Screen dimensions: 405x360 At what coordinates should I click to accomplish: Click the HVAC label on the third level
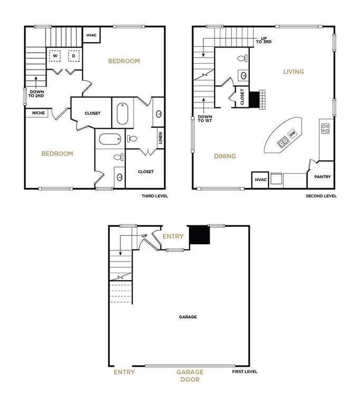[91, 35]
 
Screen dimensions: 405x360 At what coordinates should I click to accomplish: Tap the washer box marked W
[55, 55]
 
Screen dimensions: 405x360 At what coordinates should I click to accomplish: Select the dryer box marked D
[74, 55]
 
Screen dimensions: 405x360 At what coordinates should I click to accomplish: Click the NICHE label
[38, 113]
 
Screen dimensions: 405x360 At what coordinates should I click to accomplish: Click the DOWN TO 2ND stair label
[36, 94]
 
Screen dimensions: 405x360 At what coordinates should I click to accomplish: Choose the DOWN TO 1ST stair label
[204, 119]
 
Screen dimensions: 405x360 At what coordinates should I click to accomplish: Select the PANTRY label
[322, 177]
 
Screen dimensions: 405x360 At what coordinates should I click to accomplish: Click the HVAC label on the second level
[261, 180]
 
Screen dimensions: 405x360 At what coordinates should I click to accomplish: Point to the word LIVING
[293, 72]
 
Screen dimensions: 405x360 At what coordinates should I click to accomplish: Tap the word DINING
[225, 156]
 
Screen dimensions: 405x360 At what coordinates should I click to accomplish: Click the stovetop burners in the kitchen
[326, 127]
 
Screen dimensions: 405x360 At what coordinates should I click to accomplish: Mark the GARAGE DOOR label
[190, 375]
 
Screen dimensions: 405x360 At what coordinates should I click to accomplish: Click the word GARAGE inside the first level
[188, 317]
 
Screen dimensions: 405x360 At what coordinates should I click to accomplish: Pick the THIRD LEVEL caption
[154, 196]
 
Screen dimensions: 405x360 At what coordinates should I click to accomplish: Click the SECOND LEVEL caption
[321, 196]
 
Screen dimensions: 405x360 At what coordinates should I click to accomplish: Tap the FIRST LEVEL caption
[245, 372]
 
